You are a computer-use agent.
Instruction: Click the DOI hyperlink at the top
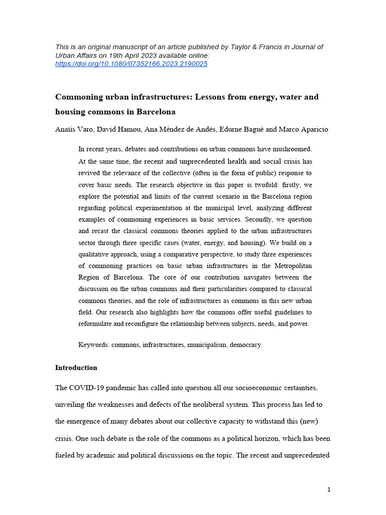point(131,64)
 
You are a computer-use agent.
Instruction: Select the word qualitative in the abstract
point(97,254)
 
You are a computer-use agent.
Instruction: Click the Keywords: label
point(94,345)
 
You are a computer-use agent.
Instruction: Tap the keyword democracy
point(246,345)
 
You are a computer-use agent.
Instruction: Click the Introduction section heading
point(76,368)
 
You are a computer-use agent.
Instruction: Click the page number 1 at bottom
point(329,490)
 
